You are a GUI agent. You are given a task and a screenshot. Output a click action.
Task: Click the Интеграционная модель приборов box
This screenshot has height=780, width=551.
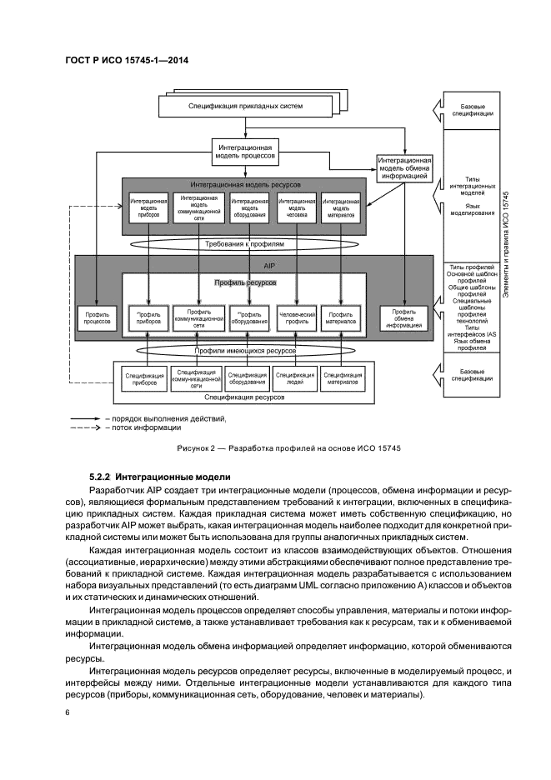tap(148, 207)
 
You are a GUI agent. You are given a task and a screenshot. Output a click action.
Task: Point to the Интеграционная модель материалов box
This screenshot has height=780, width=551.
tap(340, 207)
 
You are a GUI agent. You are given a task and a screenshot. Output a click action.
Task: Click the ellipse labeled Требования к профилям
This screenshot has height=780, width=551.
tap(244, 245)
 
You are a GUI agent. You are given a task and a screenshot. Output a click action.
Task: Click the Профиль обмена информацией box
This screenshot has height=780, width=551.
tap(404, 317)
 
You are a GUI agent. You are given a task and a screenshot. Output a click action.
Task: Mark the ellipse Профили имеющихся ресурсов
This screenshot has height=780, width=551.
tap(244, 350)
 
